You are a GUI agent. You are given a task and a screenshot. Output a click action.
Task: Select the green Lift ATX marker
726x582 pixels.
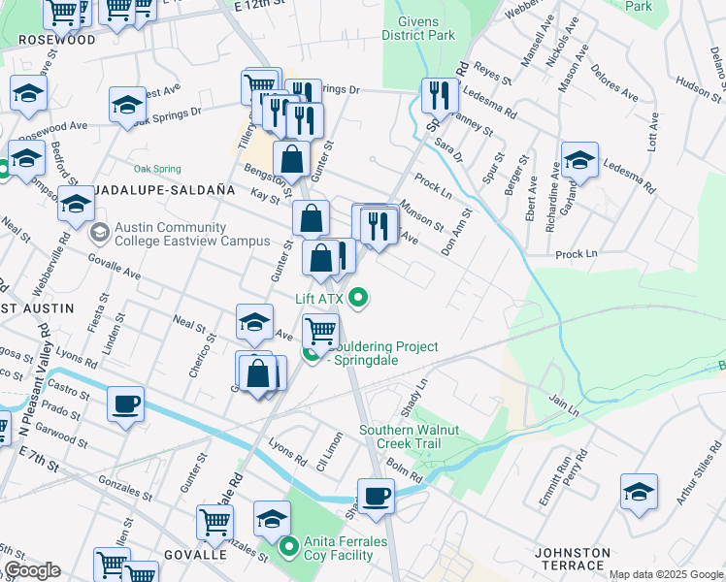[359, 297]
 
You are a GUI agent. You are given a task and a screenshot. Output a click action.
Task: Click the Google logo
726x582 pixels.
[31, 570]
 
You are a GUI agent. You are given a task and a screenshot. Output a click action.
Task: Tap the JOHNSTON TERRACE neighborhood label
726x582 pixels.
[573, 560]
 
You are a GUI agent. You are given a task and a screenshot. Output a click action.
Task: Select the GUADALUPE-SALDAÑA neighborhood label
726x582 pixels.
[152, 191]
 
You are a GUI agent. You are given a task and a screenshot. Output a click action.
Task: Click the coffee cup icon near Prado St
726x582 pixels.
[126, 403]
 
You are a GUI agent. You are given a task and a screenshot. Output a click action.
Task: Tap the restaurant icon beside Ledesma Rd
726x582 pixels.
[440, 96]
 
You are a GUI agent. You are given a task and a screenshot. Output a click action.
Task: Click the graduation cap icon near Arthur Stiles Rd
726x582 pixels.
[639, 492]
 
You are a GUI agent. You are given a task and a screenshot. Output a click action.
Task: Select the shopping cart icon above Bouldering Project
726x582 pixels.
[320, 331]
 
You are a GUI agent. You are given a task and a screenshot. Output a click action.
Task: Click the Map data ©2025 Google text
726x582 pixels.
[666, 574]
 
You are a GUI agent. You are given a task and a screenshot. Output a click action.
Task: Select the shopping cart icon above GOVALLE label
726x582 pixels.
[214, 522]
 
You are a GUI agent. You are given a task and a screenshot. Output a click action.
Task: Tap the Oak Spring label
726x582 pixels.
[157, 167]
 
